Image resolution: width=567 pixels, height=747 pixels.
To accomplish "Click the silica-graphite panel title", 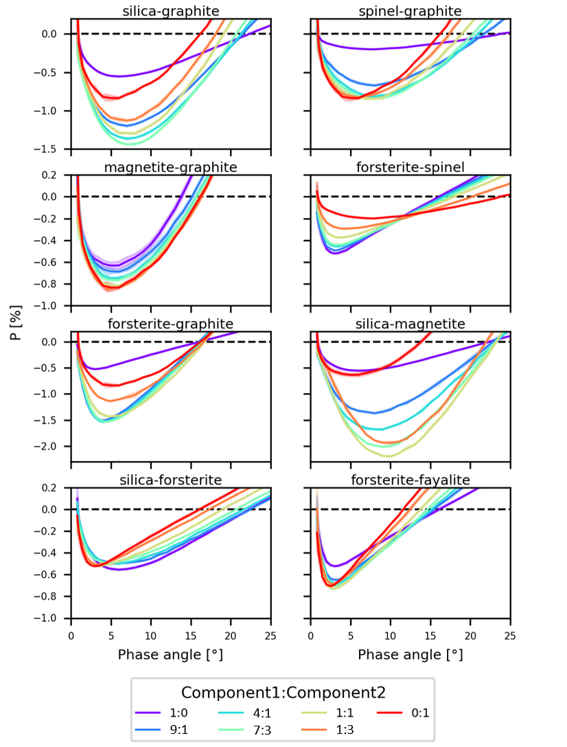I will point(171,11).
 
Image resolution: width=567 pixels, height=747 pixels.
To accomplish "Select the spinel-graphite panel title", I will point(410,11).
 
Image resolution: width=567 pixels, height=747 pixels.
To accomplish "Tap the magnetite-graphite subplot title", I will point(171,167).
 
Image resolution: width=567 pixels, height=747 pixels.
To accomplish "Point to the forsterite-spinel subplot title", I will point(410,167).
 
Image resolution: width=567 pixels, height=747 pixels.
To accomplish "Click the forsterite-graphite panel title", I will point(171,323).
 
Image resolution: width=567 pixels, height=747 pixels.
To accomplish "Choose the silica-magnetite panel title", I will point(410,323).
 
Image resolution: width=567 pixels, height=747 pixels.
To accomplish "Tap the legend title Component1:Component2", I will point(282,691).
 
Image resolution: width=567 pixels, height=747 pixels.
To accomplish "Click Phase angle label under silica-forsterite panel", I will point(170,655).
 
